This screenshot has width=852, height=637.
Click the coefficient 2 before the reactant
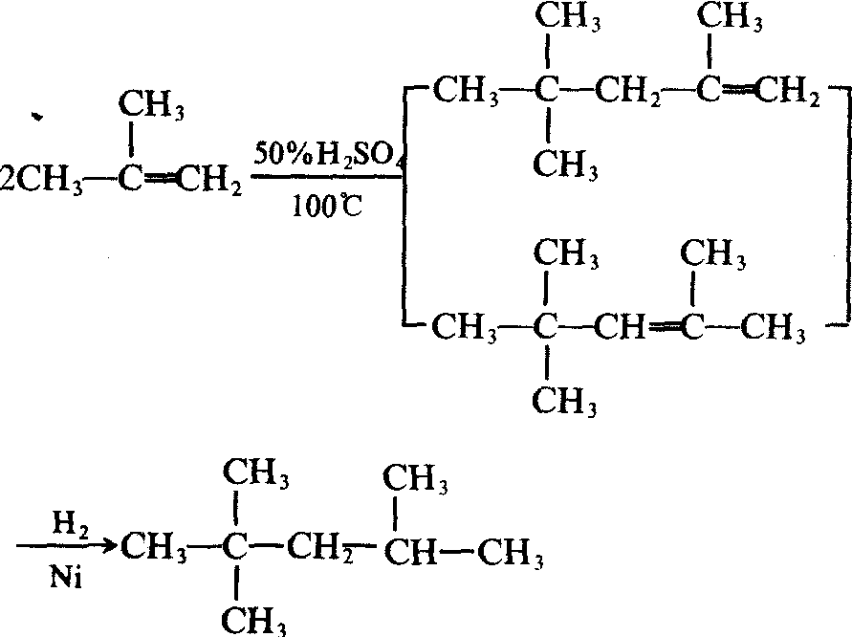tap(9, 180)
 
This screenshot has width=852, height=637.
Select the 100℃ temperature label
tap(327, 206)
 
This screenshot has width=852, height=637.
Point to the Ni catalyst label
tap(66, 578)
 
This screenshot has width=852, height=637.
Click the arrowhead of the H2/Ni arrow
tap(109, 544)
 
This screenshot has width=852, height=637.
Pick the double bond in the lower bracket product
tap(664, 327)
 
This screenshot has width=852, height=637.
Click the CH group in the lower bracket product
tap(620, 327)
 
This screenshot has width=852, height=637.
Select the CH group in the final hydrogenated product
tap(410, 553)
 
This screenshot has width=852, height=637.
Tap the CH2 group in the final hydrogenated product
tap(320, 548)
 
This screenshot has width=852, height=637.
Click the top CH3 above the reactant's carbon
tap(152, 104)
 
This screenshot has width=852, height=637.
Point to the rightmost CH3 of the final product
tap(511, 554)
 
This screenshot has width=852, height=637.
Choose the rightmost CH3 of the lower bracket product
tap(774, 328)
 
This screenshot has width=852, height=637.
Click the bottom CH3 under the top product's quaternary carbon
tap(565, 165)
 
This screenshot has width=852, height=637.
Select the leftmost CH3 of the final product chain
tap(154, 547)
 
